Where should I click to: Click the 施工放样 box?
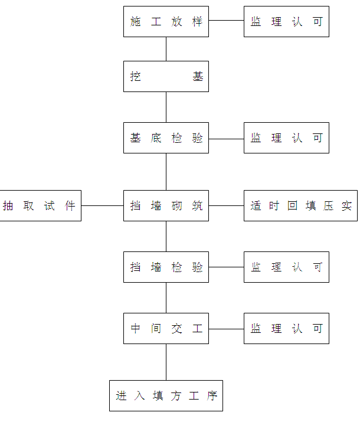[166, 22]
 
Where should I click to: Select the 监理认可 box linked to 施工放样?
[286, 22]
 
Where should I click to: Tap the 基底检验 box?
[166, 138]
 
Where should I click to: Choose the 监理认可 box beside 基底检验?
[286, 138]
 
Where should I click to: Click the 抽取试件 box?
[40, 206]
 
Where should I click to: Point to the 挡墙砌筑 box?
[166, 206]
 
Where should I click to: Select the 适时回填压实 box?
[300, 206]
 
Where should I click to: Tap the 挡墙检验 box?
[166, 267]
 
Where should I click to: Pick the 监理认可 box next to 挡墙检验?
[286, 267]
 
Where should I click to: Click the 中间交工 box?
[166, 329]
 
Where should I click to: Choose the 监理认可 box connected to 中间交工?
[286, 329]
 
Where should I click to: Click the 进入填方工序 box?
[166, 395]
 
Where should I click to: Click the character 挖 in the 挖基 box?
[136, 77]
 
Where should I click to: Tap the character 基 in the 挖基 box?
[198, 77]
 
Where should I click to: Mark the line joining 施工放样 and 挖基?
[166, 49]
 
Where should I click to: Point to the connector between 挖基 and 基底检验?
[166, 107]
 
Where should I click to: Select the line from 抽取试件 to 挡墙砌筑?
[102, 206]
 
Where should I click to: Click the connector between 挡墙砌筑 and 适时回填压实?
[226, 206]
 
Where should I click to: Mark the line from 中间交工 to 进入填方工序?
[166, 362]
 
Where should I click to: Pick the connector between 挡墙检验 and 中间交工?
[166, 298]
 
